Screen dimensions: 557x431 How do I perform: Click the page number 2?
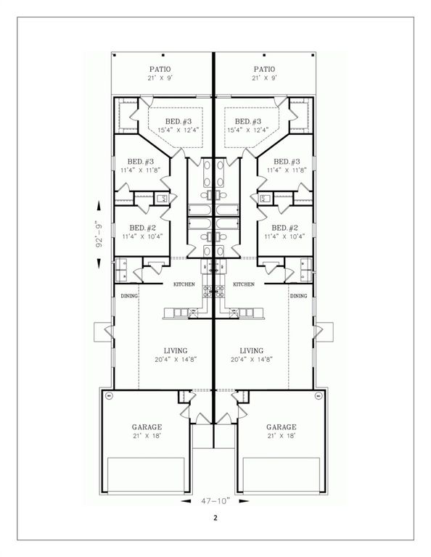tap(215, 518)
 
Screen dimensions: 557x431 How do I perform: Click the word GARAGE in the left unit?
tap(147, 427)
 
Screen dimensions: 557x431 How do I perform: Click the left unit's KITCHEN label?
tap(184, 284)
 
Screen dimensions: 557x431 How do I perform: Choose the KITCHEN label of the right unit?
tap(243, 284)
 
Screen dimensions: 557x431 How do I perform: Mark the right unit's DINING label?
tap(298, 296)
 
